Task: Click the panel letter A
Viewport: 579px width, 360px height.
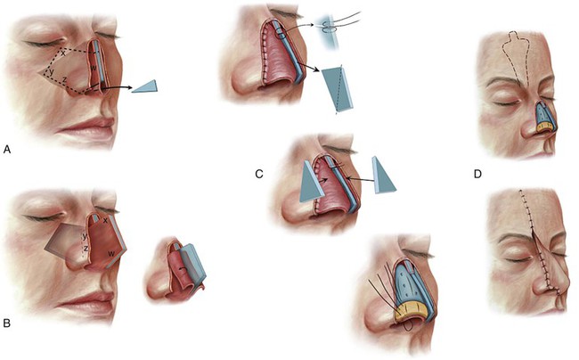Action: coord(7,149)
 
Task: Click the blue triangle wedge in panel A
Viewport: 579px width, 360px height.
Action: coord(144,86)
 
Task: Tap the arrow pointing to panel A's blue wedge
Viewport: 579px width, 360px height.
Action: coord(118,87)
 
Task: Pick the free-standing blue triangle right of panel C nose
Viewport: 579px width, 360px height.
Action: coord(385,175)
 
